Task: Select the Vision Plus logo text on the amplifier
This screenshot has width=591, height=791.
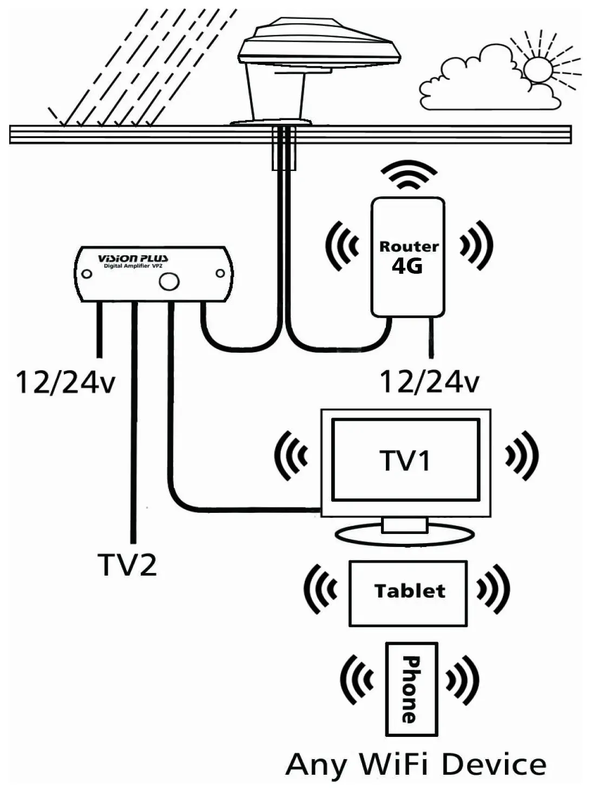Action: point(133,259)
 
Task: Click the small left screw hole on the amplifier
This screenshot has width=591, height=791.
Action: point(87,274)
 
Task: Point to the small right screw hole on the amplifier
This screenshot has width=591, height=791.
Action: point(220,274)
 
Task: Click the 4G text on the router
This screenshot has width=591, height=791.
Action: point(407,267)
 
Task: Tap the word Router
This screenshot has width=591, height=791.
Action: point(409,247)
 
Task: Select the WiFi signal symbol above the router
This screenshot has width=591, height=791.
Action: point(409,175)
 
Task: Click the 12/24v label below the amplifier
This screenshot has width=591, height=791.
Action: point(65,382)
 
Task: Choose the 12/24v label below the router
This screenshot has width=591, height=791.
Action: point(430,382)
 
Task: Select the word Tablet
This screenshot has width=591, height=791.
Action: point(410,591)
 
